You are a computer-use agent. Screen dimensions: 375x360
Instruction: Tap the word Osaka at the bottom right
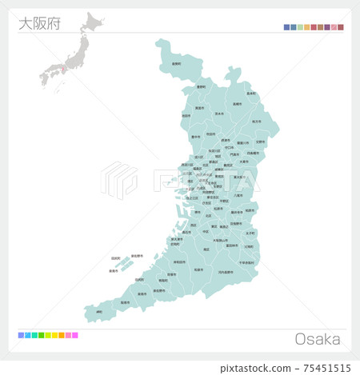(x=318, y=339)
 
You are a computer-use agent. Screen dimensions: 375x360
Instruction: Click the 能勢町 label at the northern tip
(x=176, y=63)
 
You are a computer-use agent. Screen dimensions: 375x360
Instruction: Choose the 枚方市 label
(x=256, y=122)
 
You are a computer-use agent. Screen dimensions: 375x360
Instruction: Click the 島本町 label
(x=251, y=94)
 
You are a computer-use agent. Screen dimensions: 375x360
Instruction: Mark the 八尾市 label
(x=238, y=195)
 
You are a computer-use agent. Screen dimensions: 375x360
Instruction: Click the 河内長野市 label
(x=226, y=272)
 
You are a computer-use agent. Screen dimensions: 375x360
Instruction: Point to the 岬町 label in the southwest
(x=98, y=312)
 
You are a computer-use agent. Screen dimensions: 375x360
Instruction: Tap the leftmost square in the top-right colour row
(x=286, y=27)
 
